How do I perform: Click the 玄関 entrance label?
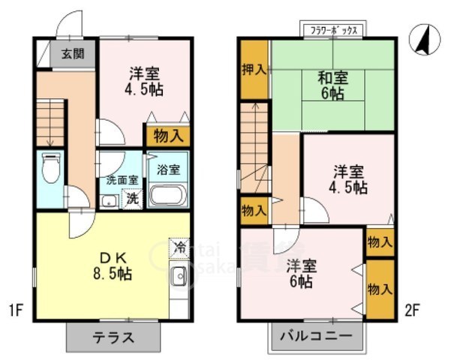click(73, 53)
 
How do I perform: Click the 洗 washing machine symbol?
click(132, 199)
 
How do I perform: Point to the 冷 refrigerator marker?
click(179, 247)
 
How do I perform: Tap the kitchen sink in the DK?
click(179, 278)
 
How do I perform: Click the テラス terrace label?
click(113, 337)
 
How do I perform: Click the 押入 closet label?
click(254, 70)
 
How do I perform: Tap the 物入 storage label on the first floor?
click(167, 136)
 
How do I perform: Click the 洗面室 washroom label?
click(121, 180)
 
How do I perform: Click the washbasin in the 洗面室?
click(107, 200)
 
